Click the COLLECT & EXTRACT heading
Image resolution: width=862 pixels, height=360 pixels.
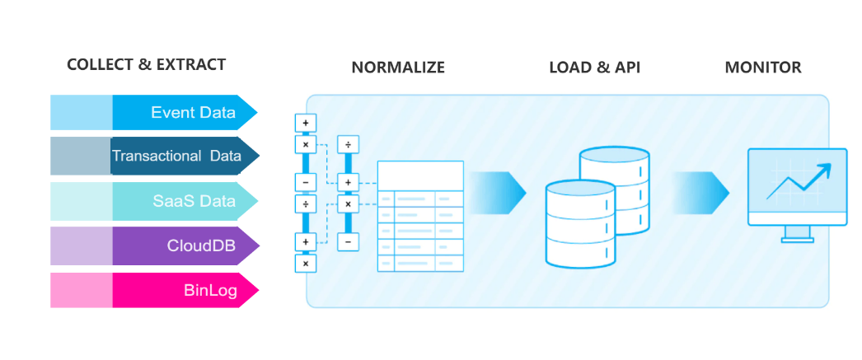[146, 65]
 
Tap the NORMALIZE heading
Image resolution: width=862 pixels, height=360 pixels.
[398, 68]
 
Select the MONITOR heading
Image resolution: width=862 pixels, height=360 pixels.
[762, 68]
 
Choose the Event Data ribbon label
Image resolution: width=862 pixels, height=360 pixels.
[193, 113]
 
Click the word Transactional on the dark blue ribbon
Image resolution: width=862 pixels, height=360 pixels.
[157, 156]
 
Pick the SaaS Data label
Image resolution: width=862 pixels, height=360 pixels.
[194, 201]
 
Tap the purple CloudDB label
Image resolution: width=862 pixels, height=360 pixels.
[201, 245]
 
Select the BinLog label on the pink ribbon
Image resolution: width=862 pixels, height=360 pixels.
[209, 290]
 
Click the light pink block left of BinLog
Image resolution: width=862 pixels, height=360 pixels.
[81, 290]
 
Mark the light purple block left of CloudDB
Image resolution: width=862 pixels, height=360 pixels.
[81, 245]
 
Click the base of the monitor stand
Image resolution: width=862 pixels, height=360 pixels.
[796, 240]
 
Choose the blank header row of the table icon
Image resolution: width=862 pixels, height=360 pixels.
[420, 175]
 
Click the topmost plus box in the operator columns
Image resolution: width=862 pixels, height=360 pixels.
[305, 123]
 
